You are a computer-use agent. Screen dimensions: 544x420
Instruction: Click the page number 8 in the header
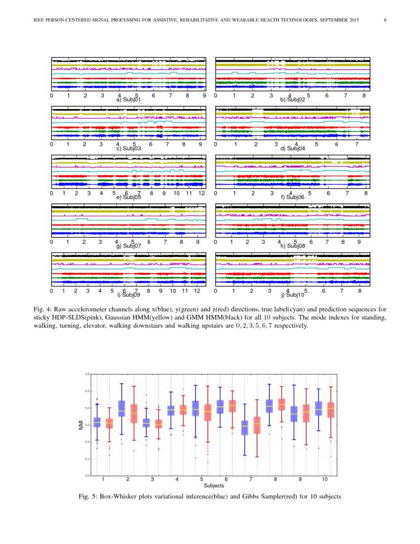click(385, 20)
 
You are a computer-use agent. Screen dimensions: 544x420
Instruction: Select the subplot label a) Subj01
click(128, 99)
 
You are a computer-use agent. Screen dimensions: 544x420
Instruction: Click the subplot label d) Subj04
click(293, 148)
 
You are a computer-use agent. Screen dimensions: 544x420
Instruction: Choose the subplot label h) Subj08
click(293, 246)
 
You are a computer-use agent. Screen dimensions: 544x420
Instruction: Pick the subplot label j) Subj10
click(293, 295)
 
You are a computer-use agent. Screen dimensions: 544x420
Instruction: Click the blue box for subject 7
click(245, 428)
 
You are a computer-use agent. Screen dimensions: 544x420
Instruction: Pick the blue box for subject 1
click(97, 422)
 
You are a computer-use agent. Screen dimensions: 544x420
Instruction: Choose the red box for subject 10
click(331, 410)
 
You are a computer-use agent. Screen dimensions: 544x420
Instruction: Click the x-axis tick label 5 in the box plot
click(202, 480)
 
